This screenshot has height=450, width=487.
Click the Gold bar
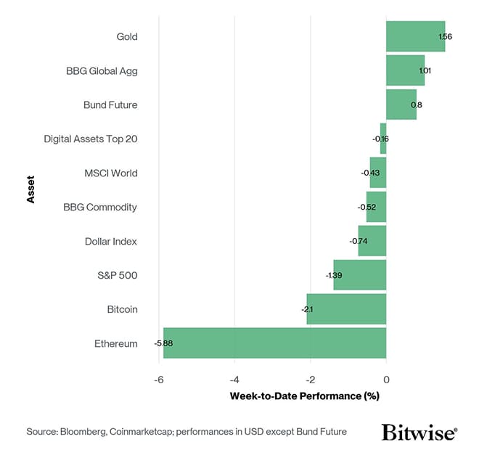click(415, 36)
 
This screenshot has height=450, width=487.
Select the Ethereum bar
click(274, 343)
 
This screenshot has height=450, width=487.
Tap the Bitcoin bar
click(346, 309)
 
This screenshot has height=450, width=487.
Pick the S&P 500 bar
click(359, 275)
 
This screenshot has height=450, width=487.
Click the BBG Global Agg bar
click(405, 70)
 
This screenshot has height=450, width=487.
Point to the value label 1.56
click(445, 36)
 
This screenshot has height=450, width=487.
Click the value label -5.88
click(163, 343)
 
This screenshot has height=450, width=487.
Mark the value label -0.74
click(358, 241)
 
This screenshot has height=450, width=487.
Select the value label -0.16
click(380, 139)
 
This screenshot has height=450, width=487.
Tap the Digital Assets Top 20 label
click(90, 139)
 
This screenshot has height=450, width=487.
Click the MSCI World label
click(110, 173)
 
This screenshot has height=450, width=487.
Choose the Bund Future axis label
click(110, 105)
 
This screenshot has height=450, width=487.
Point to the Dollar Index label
click(110, 241)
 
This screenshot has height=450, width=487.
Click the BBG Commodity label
click(100, 207)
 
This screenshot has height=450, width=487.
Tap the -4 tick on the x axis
click(234, 379)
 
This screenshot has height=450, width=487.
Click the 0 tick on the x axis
click(386, 379)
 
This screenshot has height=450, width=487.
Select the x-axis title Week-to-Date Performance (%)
click(305, 396)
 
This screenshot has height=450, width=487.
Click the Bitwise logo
click(419, 433)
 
